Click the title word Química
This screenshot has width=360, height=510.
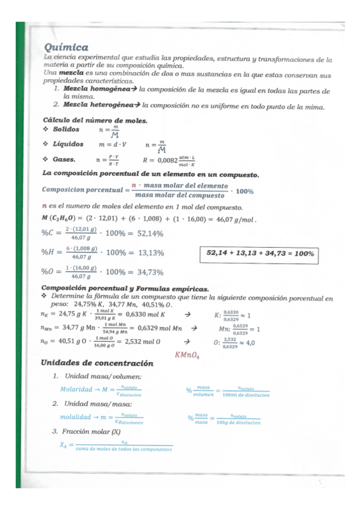pos(66,48)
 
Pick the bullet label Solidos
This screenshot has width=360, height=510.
pos(66,129)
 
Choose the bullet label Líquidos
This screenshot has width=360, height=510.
pos(67,144)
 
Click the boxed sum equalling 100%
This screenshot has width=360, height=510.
pos(260,254)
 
